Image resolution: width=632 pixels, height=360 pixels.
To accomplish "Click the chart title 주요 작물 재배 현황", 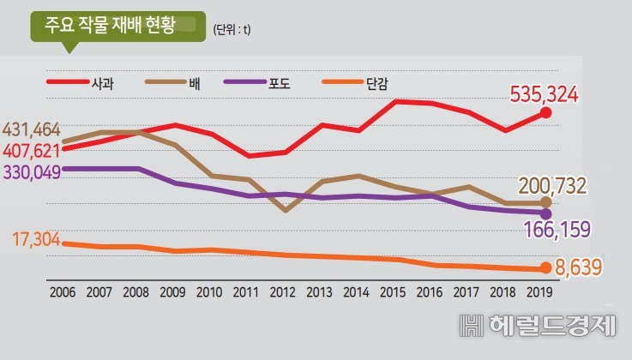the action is pyautogui.click(x=110, y=26).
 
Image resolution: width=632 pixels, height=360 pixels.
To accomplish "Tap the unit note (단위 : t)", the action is pyautogui.click(x=232, y=29).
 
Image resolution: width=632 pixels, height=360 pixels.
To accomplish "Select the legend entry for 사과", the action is pyautogui.click(x=81, y=83).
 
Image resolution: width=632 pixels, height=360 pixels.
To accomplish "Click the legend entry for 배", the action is pyautogui.click(x=173, y=83).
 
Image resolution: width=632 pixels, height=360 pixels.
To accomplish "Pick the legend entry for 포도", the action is pyautogui.click(x=257, y=83).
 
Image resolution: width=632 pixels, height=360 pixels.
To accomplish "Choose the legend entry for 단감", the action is pyautogui.click(x=355, y=83).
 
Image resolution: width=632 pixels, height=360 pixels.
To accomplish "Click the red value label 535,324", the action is pyautogui.click(x=545, y=94).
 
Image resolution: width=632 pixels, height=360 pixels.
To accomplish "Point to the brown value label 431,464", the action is pyautogui.click(x=32, y=130).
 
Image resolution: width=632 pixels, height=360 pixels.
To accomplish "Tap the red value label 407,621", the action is pyautogui.click(x=32, y=151).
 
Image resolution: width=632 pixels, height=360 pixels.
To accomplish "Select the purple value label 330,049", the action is pyautogui.click(x=32, y=172).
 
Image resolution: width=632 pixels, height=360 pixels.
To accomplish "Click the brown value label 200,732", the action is pyautogui.click(x=552, y=186).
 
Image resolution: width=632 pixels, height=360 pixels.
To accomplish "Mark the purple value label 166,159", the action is pyautogui.click(x=557, y=230).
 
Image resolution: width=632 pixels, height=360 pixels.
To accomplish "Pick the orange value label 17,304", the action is pyautogui.click(x=36, y=239).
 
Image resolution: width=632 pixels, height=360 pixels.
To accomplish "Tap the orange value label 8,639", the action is pyautogui.click(x=578, y=267).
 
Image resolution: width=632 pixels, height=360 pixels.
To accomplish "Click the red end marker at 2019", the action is pyautogui.click(x=545, y=113).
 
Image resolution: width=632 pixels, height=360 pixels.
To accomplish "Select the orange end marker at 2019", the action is pyautogui.click(x=545, y=267).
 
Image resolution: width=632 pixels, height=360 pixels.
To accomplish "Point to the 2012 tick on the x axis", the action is pyautogui.click(x=282, y=292).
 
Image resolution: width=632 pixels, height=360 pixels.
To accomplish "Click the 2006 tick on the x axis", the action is pyautogui.click(x=63, y=292).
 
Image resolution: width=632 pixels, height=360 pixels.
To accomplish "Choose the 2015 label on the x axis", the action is pyautogui.click(x=393, y=292).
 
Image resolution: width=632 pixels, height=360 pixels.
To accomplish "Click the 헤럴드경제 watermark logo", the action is pyautogui.click(x=538, y=326).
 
